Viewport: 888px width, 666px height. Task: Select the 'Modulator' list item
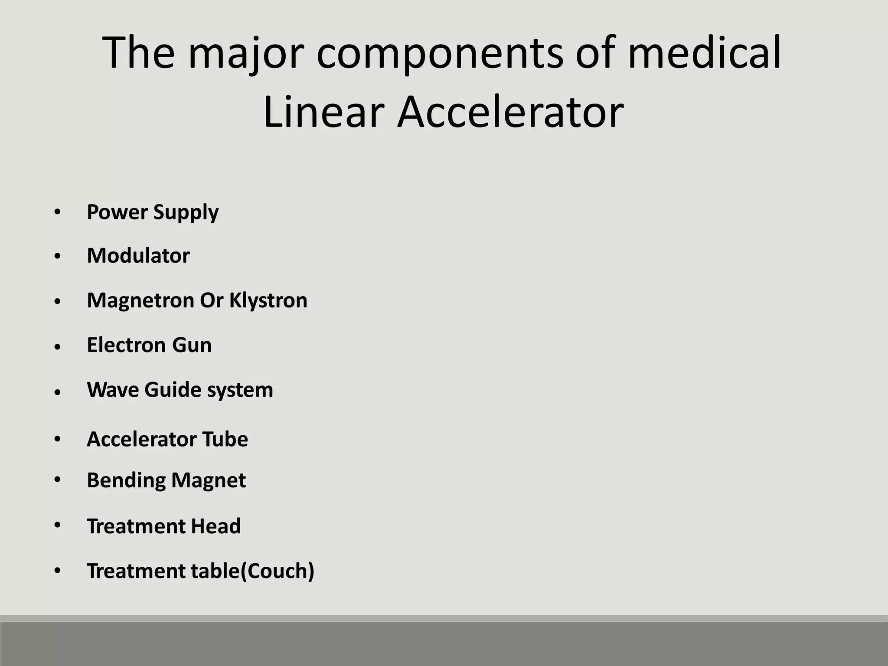click(138, 255)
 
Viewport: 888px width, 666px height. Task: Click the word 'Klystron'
click(268, 300)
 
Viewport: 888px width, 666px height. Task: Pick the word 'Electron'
click(126, 345)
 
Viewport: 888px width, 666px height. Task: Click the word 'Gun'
click(192, 346)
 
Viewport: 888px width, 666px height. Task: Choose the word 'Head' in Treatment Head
click(215, 526)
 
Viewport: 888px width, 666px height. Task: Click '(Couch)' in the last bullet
click(277, 571)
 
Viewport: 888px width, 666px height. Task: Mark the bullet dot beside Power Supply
click(58, 212)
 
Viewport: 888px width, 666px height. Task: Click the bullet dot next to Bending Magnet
click(58, 480)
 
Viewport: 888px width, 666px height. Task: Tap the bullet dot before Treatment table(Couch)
click(58, 570)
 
